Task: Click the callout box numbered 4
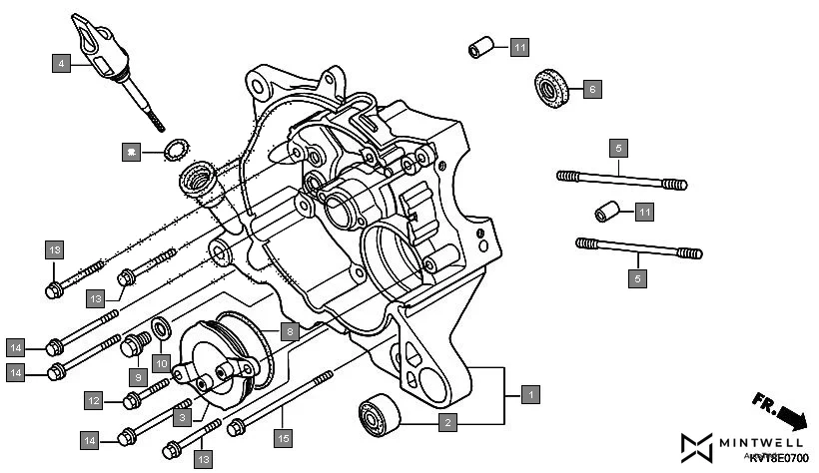click(x=62, y=63)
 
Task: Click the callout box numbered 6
click(x=591, y=90)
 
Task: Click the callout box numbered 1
click(x=530, y=394)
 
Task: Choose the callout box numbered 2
click(x=448, y=423)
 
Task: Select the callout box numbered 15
click(x=284, y=437)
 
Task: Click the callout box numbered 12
click(x=93, y=400)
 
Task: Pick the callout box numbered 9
click(x=141, y=377)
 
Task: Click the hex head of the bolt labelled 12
click(x=132, y=401)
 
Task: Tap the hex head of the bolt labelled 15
click(x=238, y=427)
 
